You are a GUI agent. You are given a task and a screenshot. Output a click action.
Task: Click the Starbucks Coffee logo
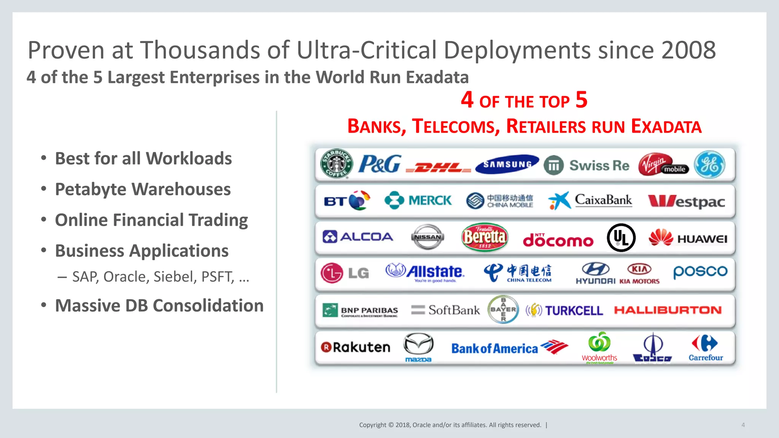(336, 164)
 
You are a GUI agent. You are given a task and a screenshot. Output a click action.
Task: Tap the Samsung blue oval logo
(507, 164)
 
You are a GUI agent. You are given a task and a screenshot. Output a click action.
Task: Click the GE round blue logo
(709, 165)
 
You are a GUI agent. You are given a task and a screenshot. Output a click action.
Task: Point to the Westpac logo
(686, 201)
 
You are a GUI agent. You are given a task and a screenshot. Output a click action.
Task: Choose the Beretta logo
(484, 237)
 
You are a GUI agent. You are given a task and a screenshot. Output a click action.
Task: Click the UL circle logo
(621, 238)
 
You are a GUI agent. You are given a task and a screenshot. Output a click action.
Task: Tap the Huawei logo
(688, 238)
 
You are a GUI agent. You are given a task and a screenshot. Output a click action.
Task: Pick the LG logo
(344, 273)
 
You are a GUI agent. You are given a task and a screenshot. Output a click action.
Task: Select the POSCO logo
(700, 271)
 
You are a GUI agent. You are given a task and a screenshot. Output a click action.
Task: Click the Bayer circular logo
(503, 309)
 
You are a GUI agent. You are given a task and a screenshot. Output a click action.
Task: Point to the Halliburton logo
(668, 310)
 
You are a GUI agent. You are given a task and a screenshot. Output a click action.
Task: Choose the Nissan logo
(428, 237)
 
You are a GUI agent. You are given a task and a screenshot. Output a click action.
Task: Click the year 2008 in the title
(688, 50)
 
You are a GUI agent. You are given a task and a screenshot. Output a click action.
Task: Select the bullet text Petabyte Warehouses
(143, 189)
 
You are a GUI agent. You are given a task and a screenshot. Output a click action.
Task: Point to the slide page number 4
(743, 425)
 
